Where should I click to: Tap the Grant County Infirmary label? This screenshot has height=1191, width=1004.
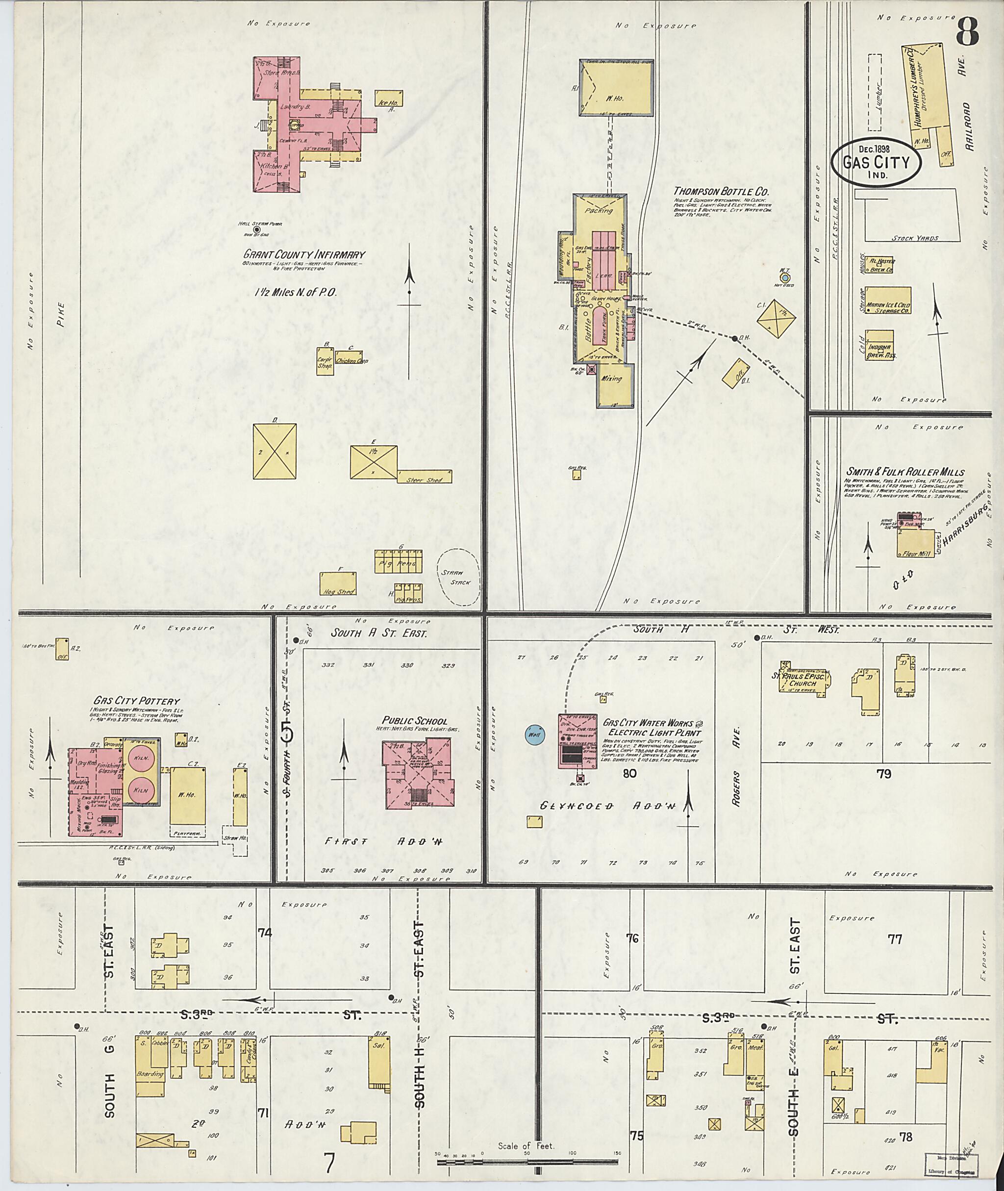[304, 254]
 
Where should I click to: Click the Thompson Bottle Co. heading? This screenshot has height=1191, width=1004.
[721, 192]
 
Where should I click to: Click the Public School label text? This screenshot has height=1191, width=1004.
[414, 721]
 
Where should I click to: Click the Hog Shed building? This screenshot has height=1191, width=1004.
[338, 583]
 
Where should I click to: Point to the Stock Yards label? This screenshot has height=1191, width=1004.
[915, 238]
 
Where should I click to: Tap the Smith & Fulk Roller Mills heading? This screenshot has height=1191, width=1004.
[904, 472]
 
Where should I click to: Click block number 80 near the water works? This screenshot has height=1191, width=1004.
[629, 773]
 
